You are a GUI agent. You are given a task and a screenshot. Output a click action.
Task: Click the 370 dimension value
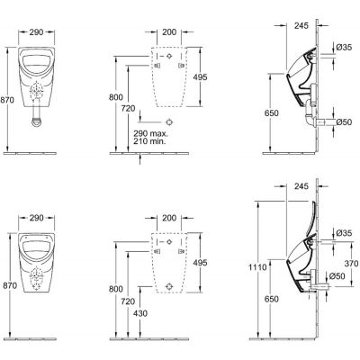(x=351, y=264)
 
